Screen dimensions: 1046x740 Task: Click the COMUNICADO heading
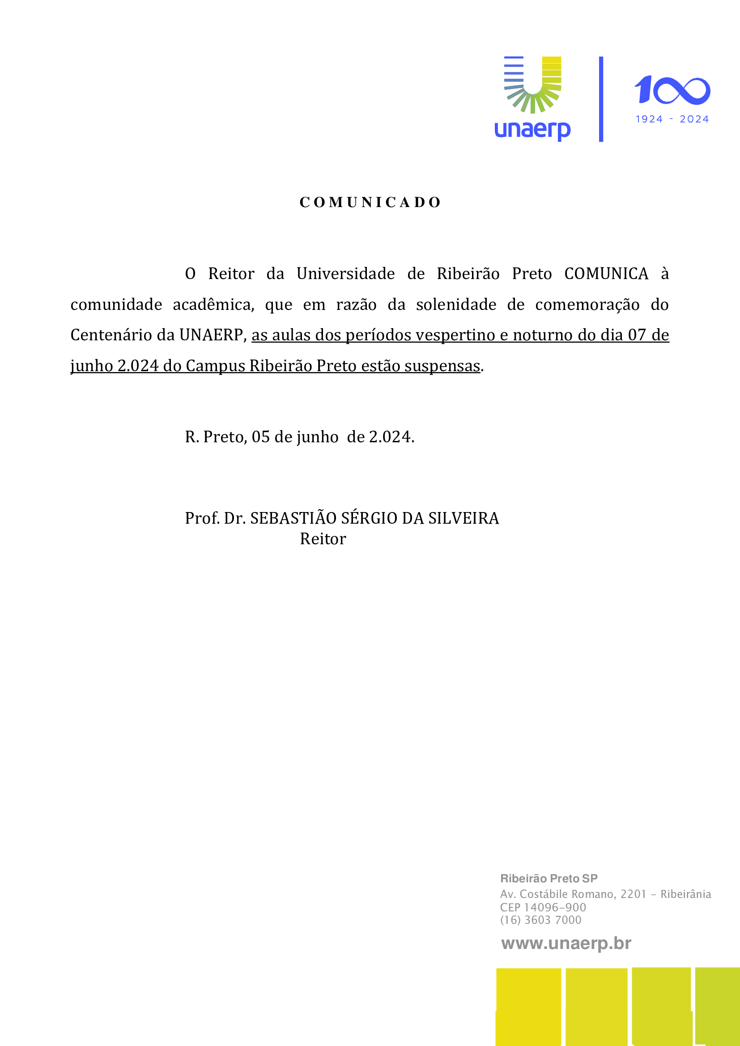click(370, 202)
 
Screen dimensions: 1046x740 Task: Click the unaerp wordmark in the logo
click(532, 130)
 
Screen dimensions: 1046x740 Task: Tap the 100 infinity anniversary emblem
click(672, 90)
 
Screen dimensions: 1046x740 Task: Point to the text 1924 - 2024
click(672, 119)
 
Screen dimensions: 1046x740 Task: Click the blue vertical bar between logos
click(601, 99)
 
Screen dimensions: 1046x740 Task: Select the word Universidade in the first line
click(345, 274)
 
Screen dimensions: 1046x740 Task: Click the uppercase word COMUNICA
click(606, 274)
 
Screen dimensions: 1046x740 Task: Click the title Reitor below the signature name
click(323, 539)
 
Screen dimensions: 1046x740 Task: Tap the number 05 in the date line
click(261, 437)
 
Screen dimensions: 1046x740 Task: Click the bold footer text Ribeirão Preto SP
click(549, 879)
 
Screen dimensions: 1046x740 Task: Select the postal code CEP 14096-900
click(543, 907)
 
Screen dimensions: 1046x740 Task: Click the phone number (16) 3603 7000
click(540, 920)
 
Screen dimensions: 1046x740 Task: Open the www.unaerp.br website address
click(566, 944)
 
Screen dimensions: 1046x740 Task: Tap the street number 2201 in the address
click(634, 894)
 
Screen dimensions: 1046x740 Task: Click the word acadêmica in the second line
click(213, 305)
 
